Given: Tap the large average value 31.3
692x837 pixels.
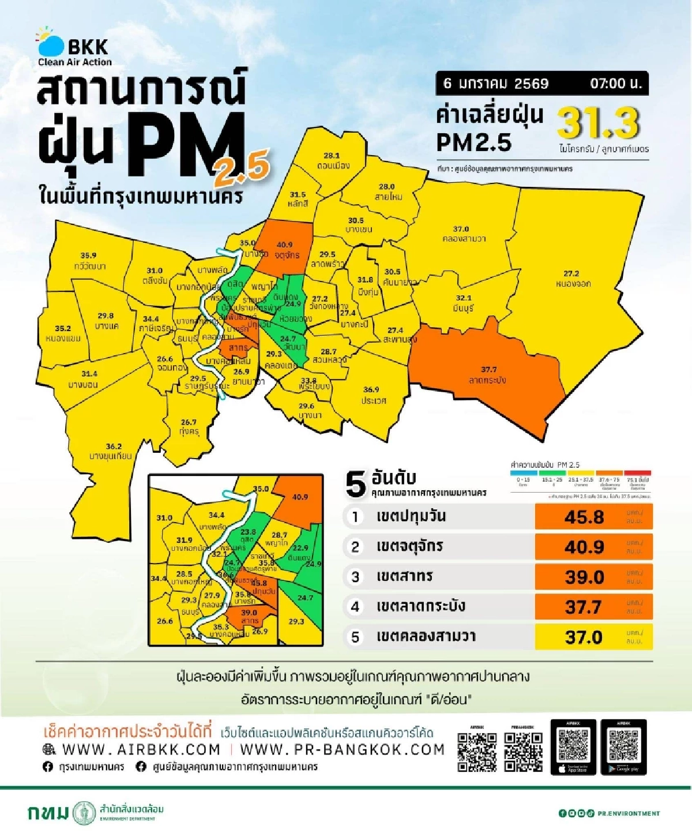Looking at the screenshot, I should tap(599, 123).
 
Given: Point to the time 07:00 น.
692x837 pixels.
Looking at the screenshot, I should tap(615, 84).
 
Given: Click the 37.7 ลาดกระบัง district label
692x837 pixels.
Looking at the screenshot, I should tap(488, 374).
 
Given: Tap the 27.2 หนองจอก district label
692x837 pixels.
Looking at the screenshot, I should tap(573, 279).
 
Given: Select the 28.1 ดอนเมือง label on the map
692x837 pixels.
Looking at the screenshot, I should tap(333, 160).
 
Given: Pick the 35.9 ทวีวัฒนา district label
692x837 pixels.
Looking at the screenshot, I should tap(89, 261).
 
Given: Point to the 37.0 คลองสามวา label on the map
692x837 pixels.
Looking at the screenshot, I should tap(462, 234).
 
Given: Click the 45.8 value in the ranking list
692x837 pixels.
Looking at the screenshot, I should tap(584, 517).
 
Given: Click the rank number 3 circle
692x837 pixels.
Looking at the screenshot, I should tap(355, 577).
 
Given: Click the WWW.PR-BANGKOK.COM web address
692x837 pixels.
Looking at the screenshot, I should tap(342, 749).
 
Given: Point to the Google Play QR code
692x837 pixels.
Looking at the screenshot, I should tap(623, 745).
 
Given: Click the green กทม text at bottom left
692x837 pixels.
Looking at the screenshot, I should tap(48, 813).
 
